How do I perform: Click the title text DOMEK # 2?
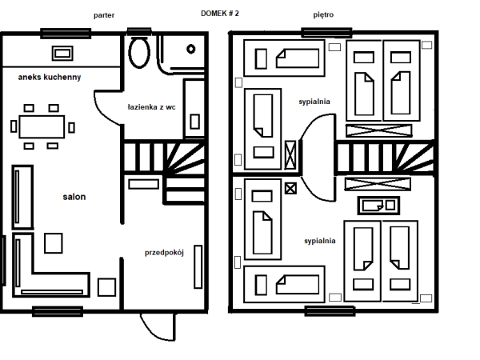219,14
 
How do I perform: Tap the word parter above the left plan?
104,15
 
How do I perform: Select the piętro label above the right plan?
323,14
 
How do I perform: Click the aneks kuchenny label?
50,77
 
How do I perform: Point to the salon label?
74,197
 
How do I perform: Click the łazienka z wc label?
151,107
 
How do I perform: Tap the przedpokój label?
164,253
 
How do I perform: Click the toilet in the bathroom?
139,52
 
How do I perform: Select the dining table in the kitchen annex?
42,126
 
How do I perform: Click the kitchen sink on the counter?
62,54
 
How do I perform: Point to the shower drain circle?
191,49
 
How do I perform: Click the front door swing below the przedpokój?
158,327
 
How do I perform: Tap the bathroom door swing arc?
109,108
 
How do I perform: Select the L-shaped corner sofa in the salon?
51,265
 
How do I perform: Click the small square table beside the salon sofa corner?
54,243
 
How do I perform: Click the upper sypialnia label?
314,102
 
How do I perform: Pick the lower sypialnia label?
320,241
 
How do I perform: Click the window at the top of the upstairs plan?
326,33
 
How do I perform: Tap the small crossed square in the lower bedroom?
290,188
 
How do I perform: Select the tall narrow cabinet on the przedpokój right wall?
198,267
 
